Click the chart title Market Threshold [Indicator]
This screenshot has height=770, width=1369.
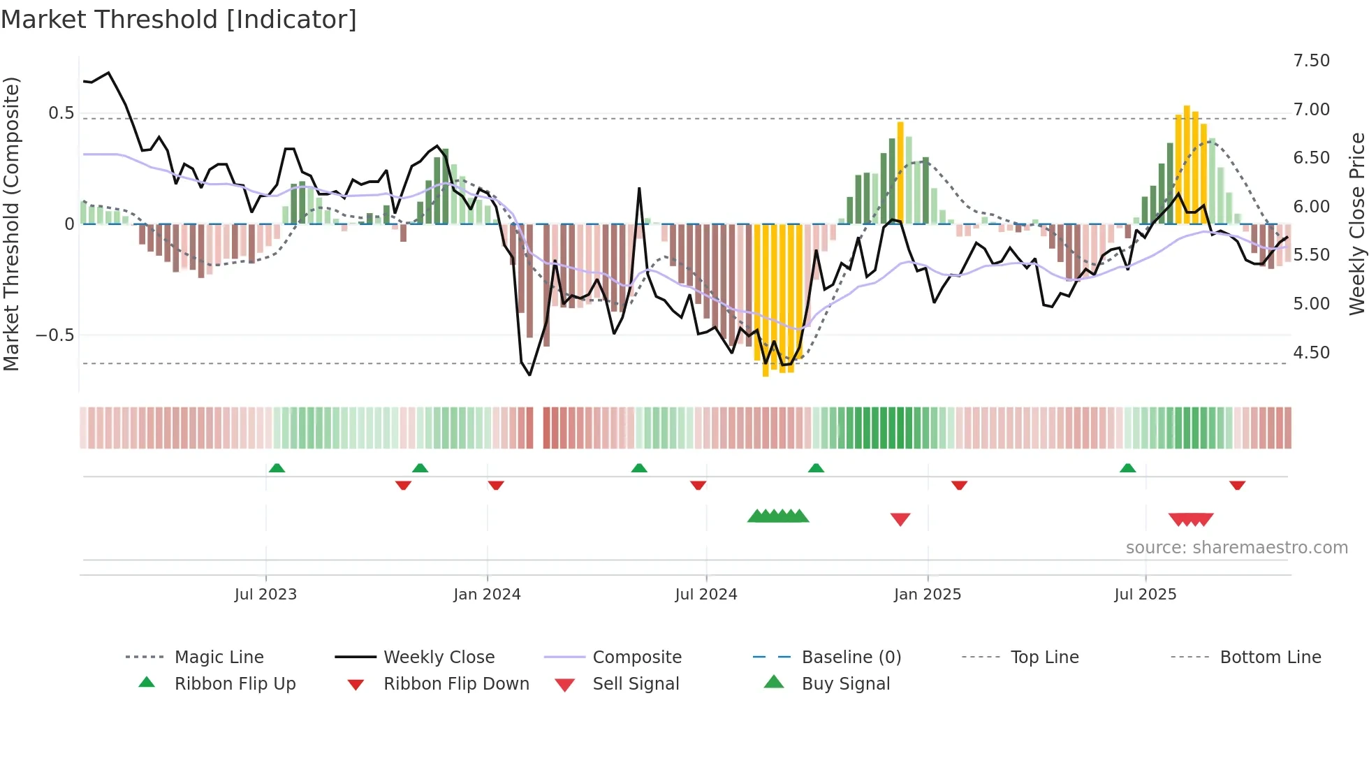[x=179, y=20]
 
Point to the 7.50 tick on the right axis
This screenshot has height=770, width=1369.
[x=1311, y=61]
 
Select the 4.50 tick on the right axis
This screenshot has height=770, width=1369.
[x=1311, y=353]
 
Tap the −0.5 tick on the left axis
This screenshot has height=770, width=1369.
[x=55, y=335]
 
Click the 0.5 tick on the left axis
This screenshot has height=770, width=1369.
[x=61, y=113]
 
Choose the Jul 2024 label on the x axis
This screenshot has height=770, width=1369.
[x=705, y=595]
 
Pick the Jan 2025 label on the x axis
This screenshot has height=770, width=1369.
[x=927, y=595]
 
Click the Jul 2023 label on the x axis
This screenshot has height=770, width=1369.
[x=265, y=595]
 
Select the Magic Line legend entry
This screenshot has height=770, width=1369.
[x=219, y=658]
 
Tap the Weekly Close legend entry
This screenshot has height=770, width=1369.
[x=439, y=658]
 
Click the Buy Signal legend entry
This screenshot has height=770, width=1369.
[x=845, y=684]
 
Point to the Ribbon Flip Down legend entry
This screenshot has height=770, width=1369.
[x=456, y=684]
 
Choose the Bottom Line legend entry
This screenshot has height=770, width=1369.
[x=1270, y=658]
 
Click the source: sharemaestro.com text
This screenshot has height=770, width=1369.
[x=1236, y=548]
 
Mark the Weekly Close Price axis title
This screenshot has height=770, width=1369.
[x=1356, y=224]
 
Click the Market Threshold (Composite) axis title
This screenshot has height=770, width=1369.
[x=11, y=224]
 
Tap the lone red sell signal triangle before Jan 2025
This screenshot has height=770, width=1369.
[x=900, y=519]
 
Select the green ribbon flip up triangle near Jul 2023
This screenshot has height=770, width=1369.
[x=277, y=468]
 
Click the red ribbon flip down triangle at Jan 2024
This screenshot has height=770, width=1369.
[x=496, y=485]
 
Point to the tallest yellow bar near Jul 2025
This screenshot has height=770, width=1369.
[x=1187, y=164]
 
